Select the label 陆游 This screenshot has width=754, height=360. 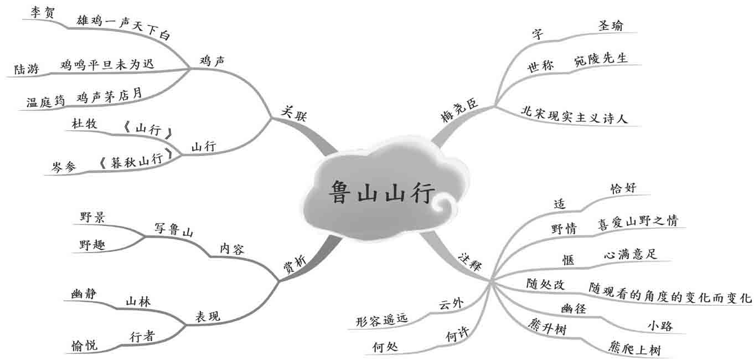coord(26,70)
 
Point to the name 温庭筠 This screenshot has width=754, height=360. coord(46,102)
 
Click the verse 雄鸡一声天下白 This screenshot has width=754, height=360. coord(123,27)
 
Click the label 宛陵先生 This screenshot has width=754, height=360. coord(601,59)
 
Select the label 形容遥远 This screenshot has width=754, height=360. coord(381,320)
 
